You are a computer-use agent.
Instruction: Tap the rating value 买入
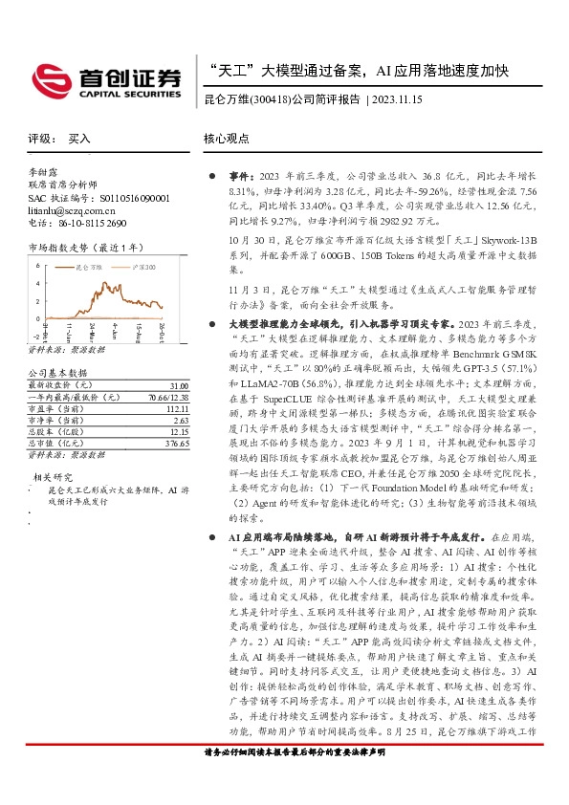[x=79, y=139]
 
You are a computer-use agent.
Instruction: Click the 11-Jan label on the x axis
[x=69, y=332]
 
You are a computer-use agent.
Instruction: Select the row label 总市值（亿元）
[x=53, y=444]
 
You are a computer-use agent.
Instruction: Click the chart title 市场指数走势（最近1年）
[x=75, y=248]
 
